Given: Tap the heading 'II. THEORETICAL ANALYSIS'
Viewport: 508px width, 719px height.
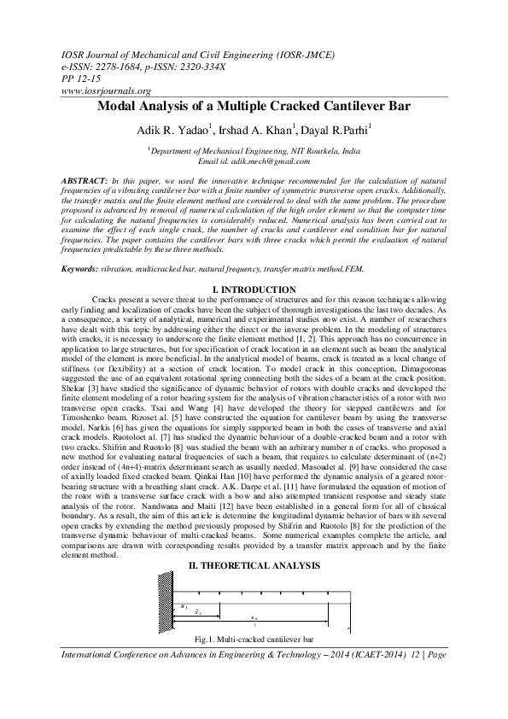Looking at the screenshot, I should [x=254, y=566].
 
